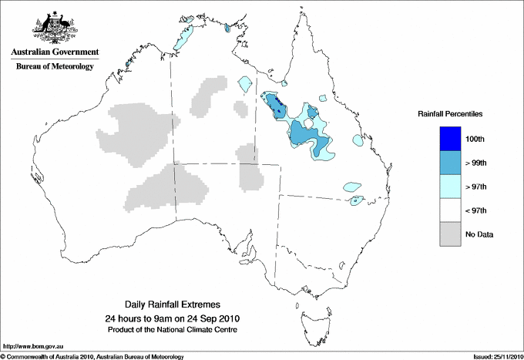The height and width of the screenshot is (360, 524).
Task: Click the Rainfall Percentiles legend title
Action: click(x=450, y=114)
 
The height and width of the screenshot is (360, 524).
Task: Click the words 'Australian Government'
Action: click(x=55, y=52)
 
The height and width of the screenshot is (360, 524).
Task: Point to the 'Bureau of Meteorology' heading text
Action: click(x=55, y=67)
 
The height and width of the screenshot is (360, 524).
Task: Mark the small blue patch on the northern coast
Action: click(x=227, y=29)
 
